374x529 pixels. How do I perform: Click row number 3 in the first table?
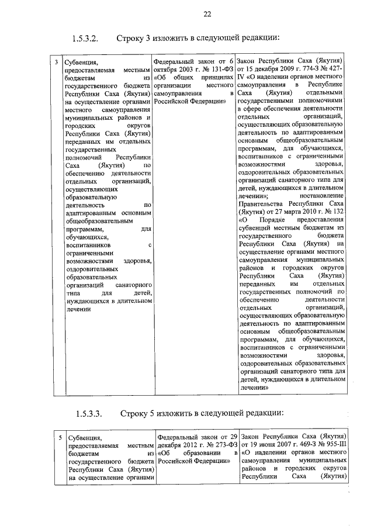pos(56,61)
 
